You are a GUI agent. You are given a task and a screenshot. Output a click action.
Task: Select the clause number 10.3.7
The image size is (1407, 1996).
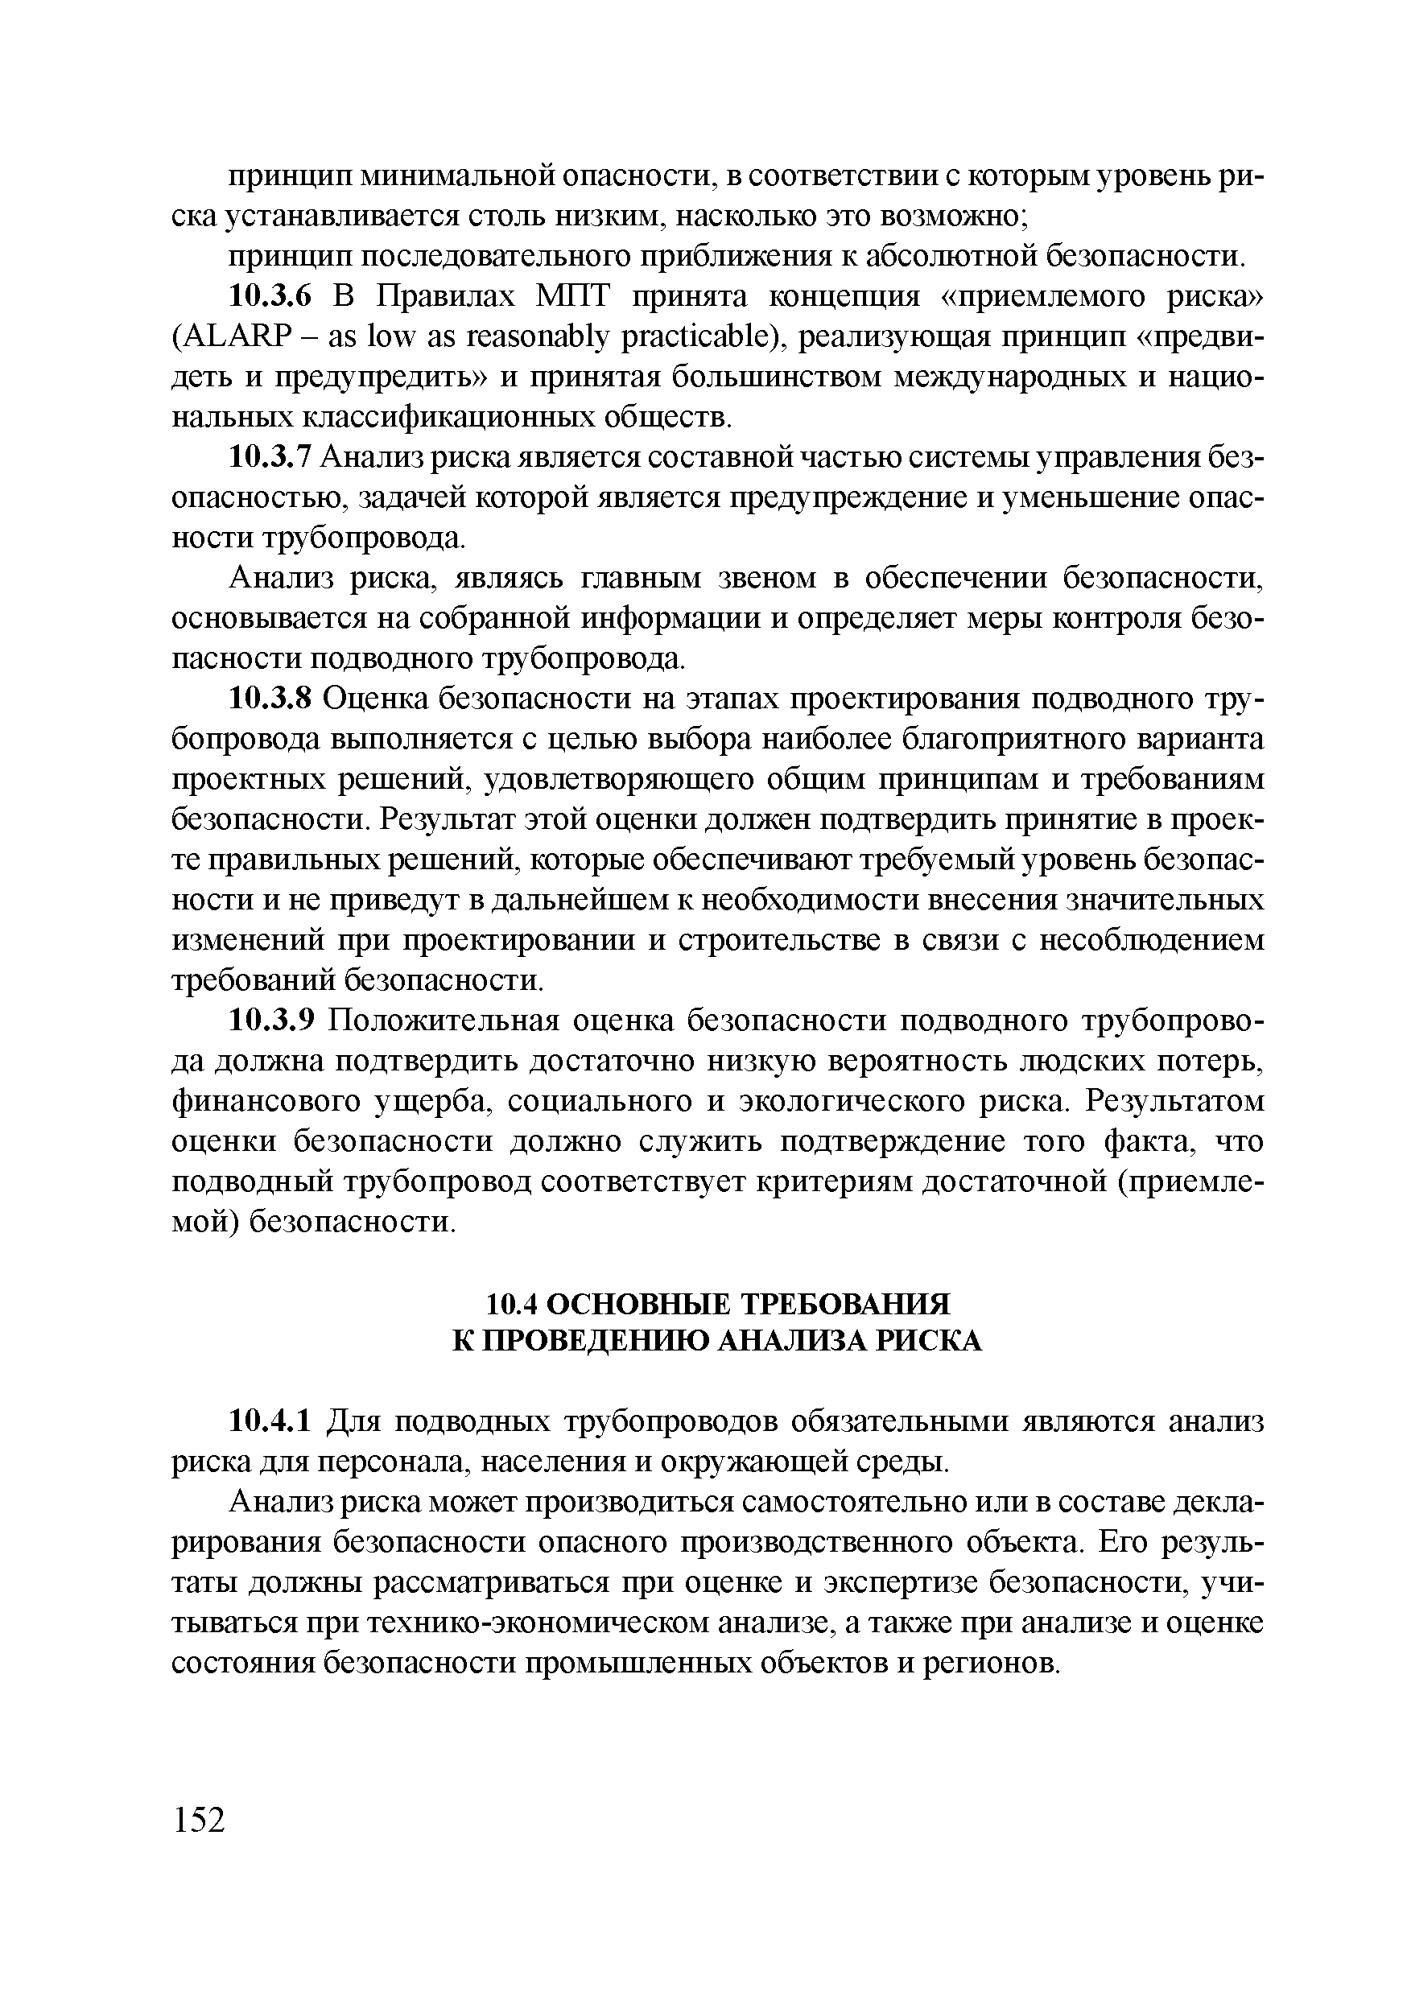tap(269, 457)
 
